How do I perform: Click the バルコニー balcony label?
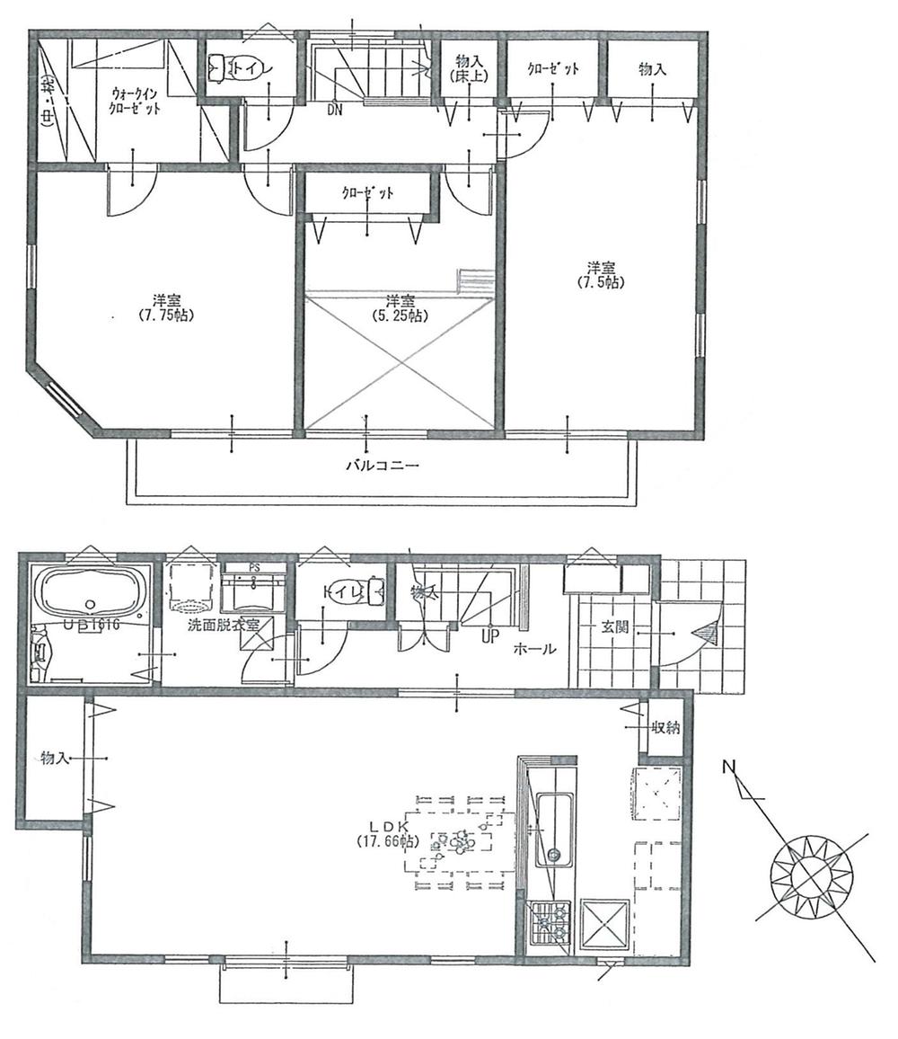[383, 466]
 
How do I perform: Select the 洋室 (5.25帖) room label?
[400, 308]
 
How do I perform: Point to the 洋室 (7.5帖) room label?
[601, 274]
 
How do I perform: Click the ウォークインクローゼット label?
[136, 100]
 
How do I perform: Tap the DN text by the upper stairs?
[335, 111]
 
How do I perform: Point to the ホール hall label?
[535, 649]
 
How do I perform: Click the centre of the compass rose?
[812, 874]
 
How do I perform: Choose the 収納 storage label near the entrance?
[665, 728]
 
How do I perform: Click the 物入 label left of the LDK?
[54, 759]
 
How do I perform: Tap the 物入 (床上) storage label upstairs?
[468, 68]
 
